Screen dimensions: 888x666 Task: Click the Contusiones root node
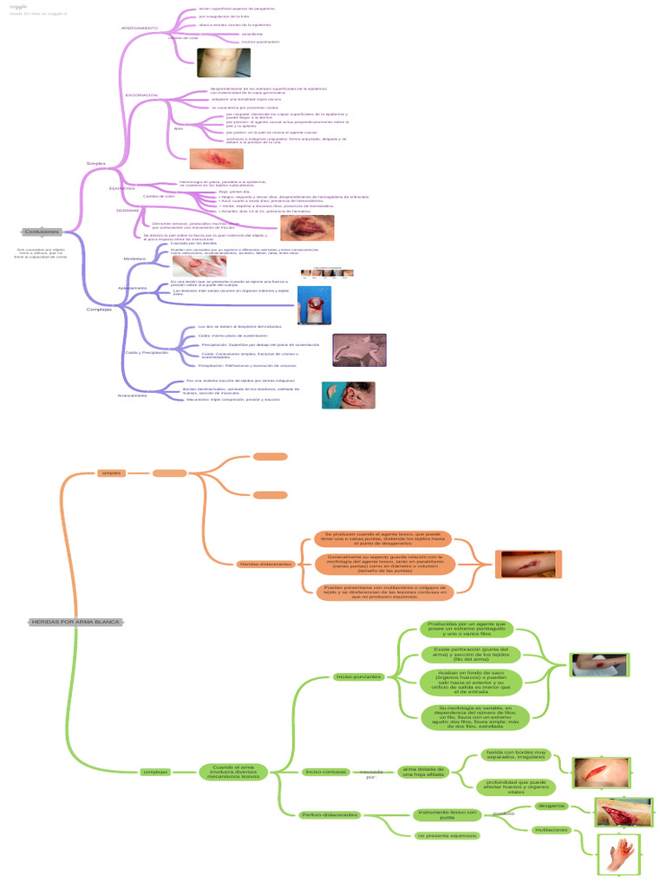coord(42,232)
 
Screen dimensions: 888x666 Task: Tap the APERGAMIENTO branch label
coord(140,28)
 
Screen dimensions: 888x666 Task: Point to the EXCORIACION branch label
coord(141,95)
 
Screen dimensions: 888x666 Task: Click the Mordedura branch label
coord(134,258)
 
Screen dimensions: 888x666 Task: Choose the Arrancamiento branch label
coord(133,395)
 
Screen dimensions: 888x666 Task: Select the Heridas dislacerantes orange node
coord(265,564)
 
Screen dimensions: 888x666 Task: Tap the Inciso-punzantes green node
coord(358,676)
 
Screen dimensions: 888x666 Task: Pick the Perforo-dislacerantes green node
coord(329,815)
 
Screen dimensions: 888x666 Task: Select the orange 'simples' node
coord(112,473)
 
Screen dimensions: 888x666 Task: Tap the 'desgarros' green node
coord(552,806)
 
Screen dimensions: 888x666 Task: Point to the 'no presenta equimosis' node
coord(447,835)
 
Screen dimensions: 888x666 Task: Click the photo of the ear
coord(348,395)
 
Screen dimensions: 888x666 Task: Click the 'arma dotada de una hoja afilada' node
coord(425,772)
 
